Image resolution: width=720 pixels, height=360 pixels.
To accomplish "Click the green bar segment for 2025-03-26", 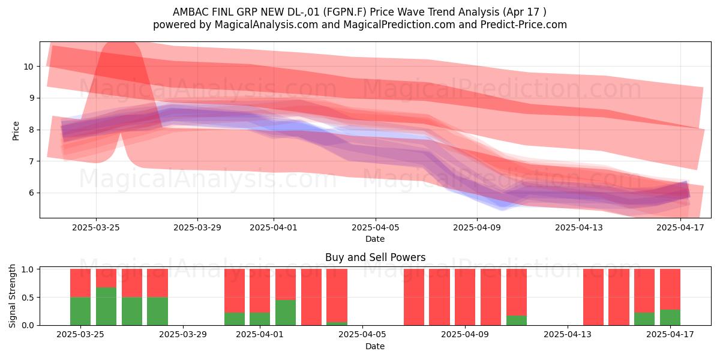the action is [106, 306].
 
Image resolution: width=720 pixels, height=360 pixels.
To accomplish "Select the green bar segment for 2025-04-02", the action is [286, 313].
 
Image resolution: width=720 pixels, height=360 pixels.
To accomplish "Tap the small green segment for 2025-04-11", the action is [516, 320].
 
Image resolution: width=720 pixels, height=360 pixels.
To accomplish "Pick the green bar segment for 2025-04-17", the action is [670, 317].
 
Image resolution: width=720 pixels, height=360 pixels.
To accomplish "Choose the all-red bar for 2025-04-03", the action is [311, 297].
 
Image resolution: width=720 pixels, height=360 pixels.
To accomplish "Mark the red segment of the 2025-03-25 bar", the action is [80, 283].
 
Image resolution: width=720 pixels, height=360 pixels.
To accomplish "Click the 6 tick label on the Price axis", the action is [31, 193].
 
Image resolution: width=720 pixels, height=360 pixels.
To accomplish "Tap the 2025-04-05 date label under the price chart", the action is [376, 227].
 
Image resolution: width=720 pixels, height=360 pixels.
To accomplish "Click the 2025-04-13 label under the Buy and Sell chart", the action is [568, 335].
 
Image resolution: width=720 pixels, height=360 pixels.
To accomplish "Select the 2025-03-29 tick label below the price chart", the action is [197, 227].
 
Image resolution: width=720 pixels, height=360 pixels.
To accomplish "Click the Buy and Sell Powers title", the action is [376, 257].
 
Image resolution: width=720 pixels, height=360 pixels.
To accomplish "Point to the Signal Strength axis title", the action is [12, 296].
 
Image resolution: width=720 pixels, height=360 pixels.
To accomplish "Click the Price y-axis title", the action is [16, 131].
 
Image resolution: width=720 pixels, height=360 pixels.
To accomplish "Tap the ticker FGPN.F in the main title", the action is [345, 12].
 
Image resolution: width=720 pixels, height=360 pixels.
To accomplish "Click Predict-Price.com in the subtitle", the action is [524, 25].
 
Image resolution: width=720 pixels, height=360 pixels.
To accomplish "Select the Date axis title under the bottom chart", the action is [375, 346].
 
